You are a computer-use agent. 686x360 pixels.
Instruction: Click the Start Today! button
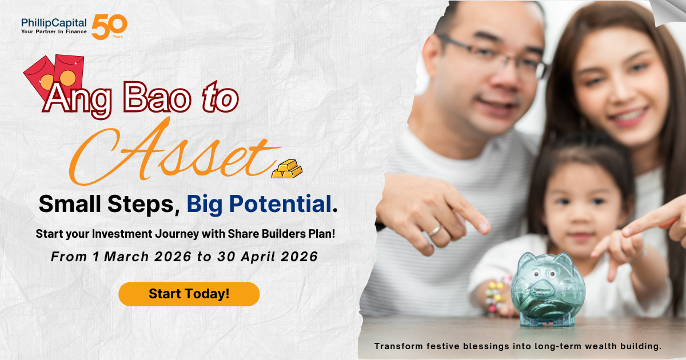(x=189, y=294)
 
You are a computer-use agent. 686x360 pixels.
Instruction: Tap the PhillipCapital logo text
(x=54, y=23)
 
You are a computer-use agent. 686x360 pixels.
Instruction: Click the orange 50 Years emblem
(x=109, y=27)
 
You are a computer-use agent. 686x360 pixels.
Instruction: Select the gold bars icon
(x=287, y=169)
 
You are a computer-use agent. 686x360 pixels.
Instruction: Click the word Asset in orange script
(x=174, y=151)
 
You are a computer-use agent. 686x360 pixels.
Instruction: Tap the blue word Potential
(x=281, y=204)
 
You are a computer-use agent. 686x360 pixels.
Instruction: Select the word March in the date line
(x=126, y=257)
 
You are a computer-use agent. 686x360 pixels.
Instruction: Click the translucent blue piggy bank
(x=548, y=289)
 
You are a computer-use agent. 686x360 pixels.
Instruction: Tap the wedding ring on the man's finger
(x=435, y=230)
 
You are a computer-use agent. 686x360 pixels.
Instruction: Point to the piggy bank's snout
(x=543, y=289)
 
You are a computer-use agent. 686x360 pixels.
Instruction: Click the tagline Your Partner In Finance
(x=54, y=31)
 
